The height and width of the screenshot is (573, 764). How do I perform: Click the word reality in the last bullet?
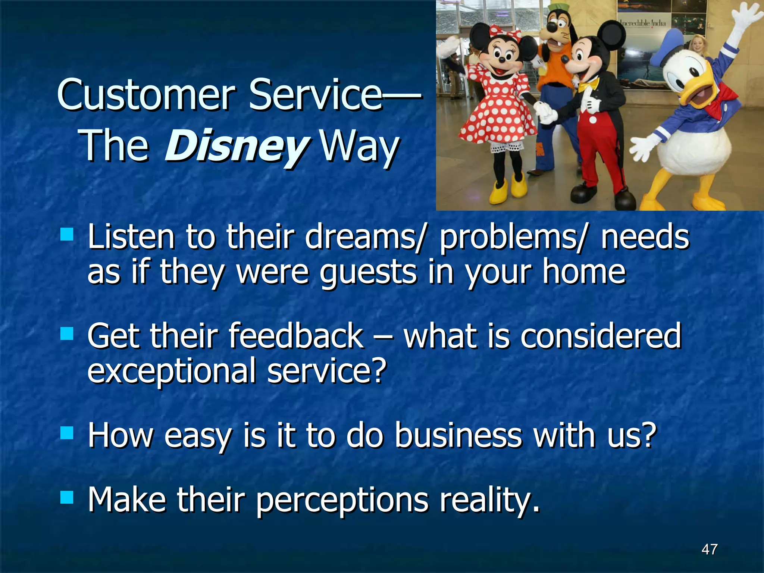click(x=489, y=500)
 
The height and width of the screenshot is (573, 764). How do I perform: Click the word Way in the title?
click(x=360, y=146)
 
